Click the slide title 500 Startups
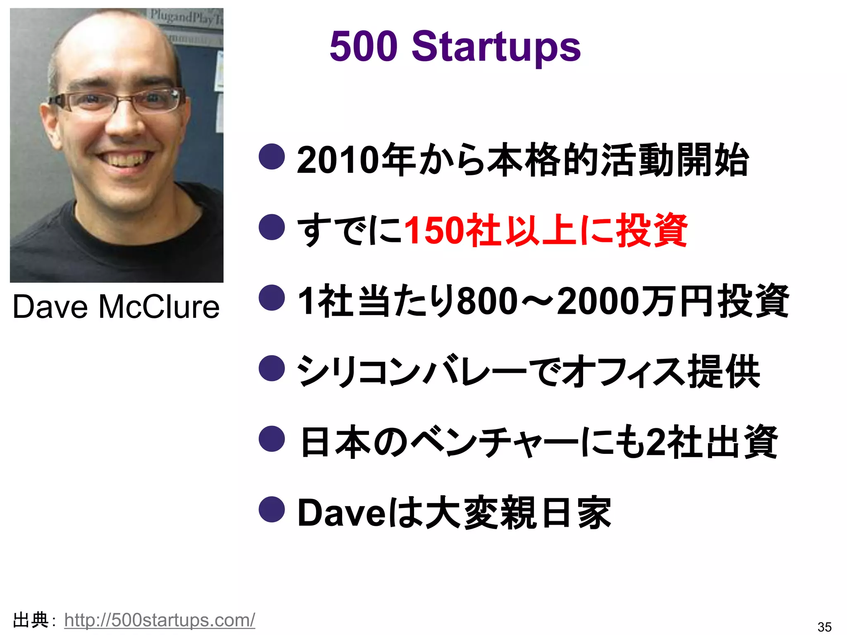pyautogui.click(x=455, y=46)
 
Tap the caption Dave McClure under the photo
pyautogui.click(x=116, y=307)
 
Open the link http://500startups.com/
pyautogui.click(x=160, y=620)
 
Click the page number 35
pyautogui.click(x=824, y=627)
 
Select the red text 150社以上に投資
pyautogui.click(x=545, y=230)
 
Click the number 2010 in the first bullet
pyautogui.click(x=337, y=160)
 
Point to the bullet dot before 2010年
pyautogui.click(x=272, y=157)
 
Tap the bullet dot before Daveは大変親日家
pyautogui.click(x=272, y=509)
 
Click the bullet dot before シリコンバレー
pyautogui.click(x=272, y=368)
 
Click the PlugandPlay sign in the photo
pyautogui.click(x=186, y=17)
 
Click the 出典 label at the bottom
pyautogui.click(x=31, y=620)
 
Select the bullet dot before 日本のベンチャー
pyautogui.click(x=272, y=439)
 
